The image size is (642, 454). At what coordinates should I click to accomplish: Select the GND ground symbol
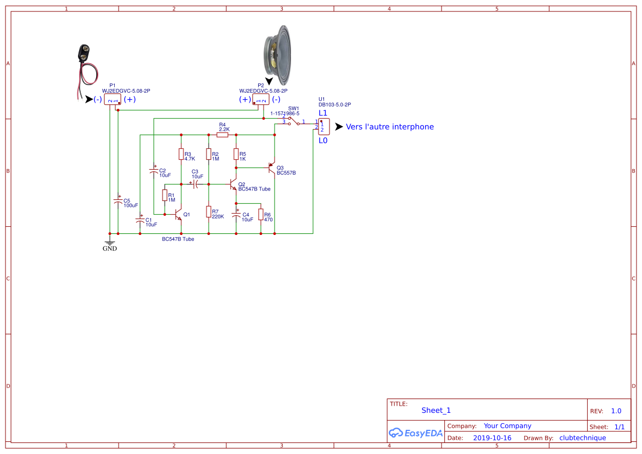(x=110, y=243)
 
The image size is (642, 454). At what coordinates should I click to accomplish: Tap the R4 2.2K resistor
(x=222, y=134)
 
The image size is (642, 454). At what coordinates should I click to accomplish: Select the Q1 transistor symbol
(x=178, y=214)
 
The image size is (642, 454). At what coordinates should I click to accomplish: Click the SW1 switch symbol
(x=294, y=121)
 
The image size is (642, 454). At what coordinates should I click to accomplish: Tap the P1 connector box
(x=113, y=99)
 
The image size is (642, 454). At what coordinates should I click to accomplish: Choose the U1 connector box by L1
(x=323, y=127)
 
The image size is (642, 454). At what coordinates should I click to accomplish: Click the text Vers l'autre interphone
(x=389, y=127)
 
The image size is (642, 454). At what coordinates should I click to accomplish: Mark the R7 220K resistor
(x=209, y=211)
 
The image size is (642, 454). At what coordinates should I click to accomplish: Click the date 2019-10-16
(x=492, y=438)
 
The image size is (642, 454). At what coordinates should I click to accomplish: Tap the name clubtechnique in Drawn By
(x=582, y=438)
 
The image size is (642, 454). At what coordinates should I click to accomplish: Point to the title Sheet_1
(x=436, y=410)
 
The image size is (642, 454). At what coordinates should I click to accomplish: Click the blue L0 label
(x=323, y=141)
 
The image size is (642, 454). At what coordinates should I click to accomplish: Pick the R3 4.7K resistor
(x=181, y=154)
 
